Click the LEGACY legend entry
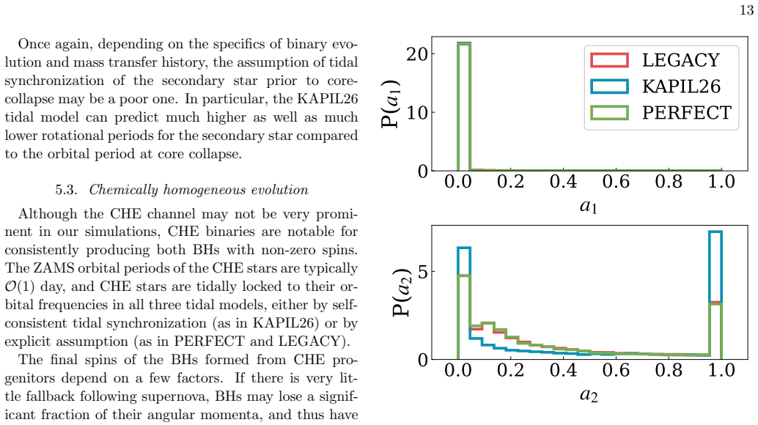655,60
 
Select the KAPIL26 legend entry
655,86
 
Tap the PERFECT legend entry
661,113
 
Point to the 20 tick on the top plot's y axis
416,53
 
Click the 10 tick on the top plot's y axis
416,113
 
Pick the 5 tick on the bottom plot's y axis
422,272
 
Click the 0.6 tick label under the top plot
616,182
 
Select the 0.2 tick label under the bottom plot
510,371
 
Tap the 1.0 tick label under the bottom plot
721,371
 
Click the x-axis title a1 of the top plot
589,206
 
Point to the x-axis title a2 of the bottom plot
589,395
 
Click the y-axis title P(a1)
391,103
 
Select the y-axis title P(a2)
401,292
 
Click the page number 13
746,10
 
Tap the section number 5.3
66,190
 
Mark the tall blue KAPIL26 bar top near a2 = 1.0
715,232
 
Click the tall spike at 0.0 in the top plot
464,106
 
